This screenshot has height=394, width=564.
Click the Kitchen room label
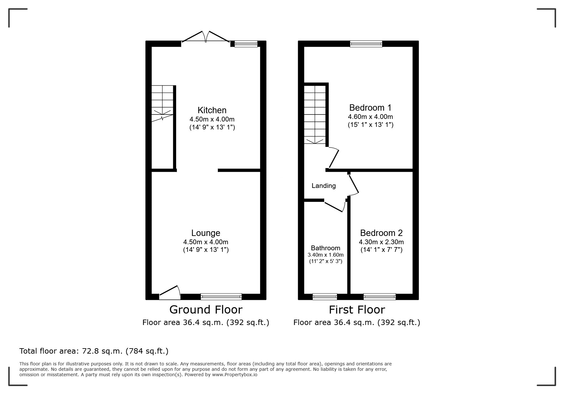(212, 110)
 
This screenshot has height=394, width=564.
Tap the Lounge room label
(206, 233)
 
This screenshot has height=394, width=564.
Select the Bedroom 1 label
(370, 107)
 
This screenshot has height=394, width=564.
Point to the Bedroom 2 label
(382, 233)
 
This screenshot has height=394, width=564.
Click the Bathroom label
(325, 248)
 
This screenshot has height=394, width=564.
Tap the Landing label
(324, 186)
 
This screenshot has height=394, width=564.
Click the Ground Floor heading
(206, 309)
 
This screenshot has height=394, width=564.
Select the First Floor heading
(357, 309)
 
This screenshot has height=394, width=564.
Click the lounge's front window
(221, 296)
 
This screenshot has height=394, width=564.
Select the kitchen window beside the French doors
(246, 44)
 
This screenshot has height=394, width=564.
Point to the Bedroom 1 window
(366, 44)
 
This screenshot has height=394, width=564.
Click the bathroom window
(325, 296)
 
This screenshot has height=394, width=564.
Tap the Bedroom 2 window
(380, 296)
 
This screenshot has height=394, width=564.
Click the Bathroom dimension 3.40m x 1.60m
(325, 255)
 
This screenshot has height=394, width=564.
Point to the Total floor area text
(94, 351)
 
